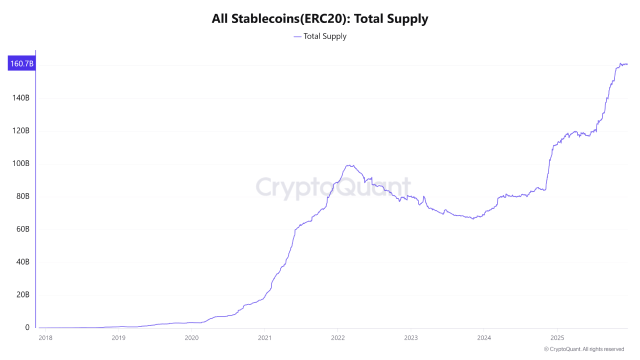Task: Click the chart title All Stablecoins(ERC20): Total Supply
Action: pyautogui.click(x=320, y=19)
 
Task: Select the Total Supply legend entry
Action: pyautogui.click(x=320, y=36)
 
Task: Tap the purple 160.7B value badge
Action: pyautogui.click(x=21, y=63)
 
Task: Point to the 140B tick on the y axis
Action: pyautogui.click(x=20, y=98)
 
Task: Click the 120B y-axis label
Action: pyautogui.click(x=20, y=131)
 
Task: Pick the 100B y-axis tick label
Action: pyautogui.click(x=20, y=163)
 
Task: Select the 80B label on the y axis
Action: pyautogui.click(x=22, y=196)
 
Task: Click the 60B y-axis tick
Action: pyautogui.click(x=22, y=229)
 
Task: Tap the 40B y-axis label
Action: pyautogui.click(x=22, y=262)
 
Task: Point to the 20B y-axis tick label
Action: pyautogui.click(x=22, y=294)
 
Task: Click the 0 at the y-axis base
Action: pyautogui.click(x=27, y=327)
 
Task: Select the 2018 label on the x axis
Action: pyautogui.click(x=45, y=337)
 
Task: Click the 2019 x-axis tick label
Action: pyautogui.click(x=118, y=337)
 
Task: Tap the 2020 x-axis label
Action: pyautogui.click(x=191, y=337)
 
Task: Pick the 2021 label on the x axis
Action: pyautogui.click(x=264, y=337)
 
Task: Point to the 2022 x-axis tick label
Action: pyautogui.click(x=337, y=337)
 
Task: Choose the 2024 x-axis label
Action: pyautogui.click(x=483, y=337)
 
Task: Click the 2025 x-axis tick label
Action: pyautogui.click(x=557, y=337)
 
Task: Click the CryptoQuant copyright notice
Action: pyautogui.click(x=584, y=349)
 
